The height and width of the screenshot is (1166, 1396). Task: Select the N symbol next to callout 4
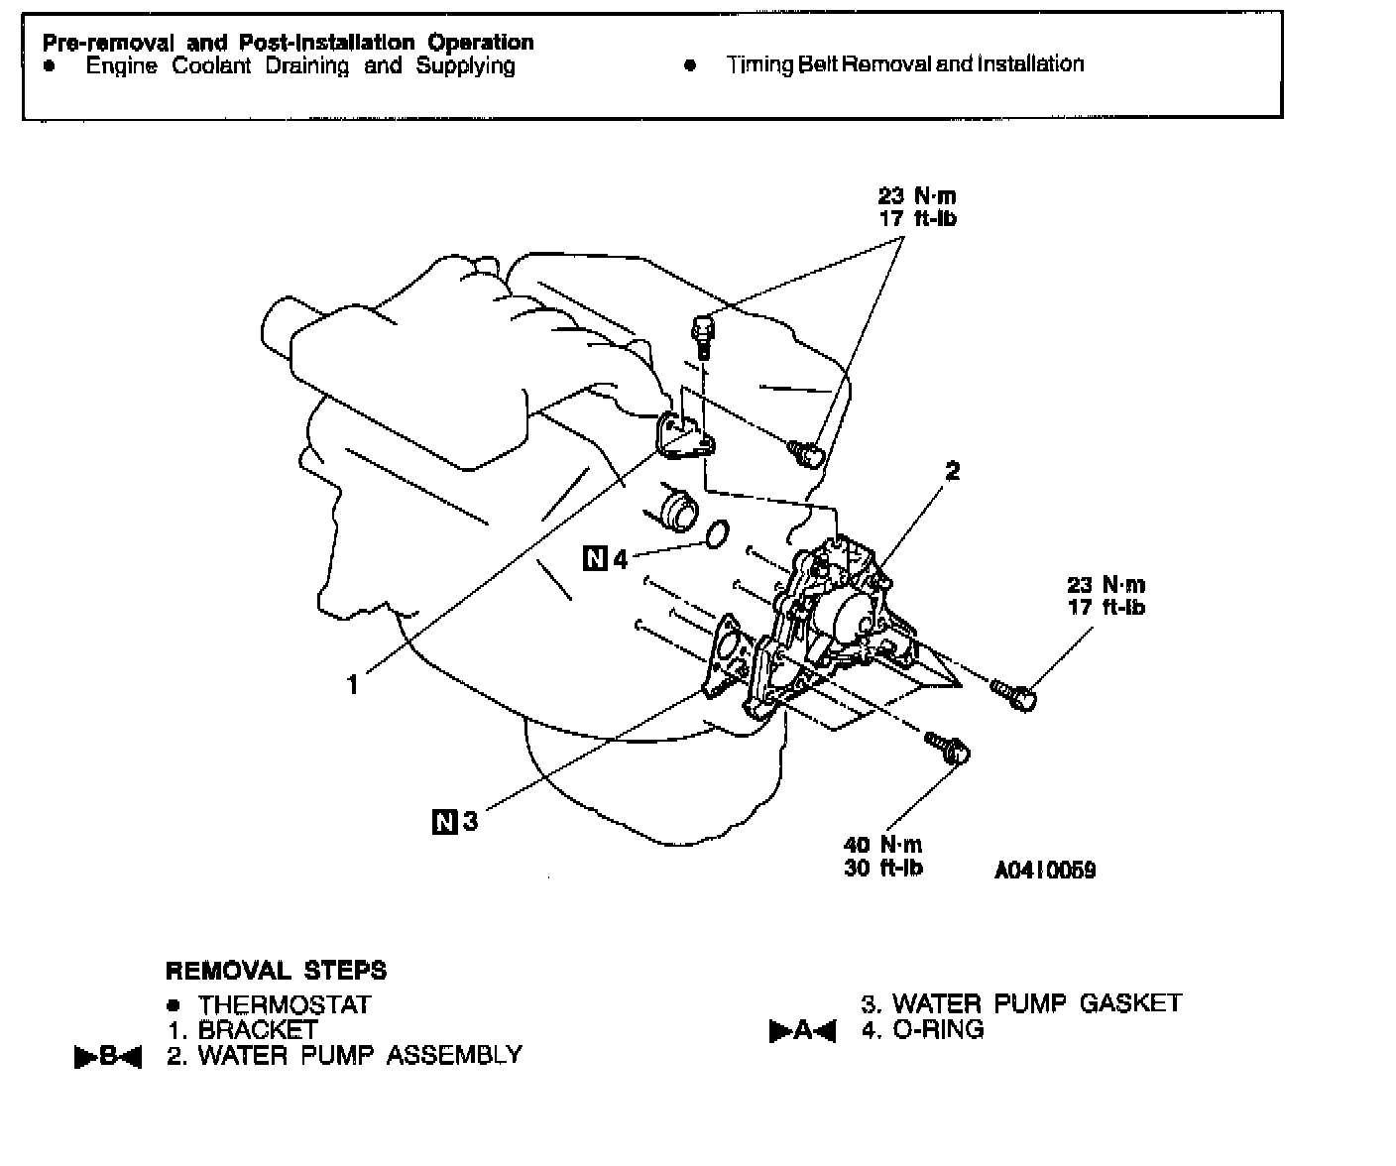point(594,558)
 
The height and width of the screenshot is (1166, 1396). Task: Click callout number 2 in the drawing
point(953,472)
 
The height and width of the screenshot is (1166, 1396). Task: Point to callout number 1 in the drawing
point(353,684)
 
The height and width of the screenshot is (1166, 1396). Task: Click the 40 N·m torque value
point(882,845)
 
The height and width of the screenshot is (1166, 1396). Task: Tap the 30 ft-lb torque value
point(882,868)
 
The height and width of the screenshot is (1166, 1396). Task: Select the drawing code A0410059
point(1045,871)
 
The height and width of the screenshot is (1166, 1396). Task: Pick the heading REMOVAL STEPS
point(276,971)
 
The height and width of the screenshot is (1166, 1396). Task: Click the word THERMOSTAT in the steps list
point(285,1005)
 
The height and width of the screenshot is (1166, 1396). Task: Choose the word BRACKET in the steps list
point(258,1030)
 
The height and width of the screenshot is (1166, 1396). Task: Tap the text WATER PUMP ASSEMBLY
point(359,1055)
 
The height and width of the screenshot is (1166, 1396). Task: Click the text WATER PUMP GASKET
point(1036,1003)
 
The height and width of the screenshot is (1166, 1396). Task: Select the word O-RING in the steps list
point(938,1030)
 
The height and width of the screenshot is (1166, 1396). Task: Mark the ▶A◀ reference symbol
point(803,1032)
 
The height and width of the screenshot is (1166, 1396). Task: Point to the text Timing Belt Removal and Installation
point(904,65)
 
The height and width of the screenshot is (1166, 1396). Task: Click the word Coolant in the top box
point(212,66)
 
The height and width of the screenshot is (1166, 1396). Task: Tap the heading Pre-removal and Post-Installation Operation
point(288,43)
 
